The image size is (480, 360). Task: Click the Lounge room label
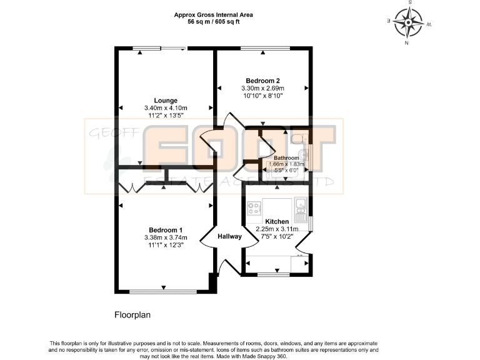(166, 101)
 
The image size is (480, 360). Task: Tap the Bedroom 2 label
(262, 81)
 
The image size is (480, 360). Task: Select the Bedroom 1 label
(166, 230)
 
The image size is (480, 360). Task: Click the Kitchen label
(277, 221)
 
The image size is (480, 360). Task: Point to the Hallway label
(229, 236)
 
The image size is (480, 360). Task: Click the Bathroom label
(286, 158)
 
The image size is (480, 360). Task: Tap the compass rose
(408, 22)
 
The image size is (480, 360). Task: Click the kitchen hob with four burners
(254, 208)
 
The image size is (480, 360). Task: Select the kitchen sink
(301, 210)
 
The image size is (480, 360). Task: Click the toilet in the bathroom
(299, 139)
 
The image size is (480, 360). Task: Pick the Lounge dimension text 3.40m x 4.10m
(166, 108)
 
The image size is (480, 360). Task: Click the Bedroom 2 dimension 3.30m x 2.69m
(262, 88)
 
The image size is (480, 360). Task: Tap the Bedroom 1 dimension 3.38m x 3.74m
(166, 237)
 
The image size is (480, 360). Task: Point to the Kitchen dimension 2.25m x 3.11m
(277, 229)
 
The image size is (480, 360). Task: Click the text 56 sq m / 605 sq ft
(213, 22)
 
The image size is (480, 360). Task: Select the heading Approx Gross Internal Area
(213, 15)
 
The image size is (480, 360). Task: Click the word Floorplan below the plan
(132, 315)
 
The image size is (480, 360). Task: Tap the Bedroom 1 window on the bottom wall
(163, 292)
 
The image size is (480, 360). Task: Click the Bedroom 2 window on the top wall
(265, 48)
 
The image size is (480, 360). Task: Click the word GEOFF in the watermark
(114, 133)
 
